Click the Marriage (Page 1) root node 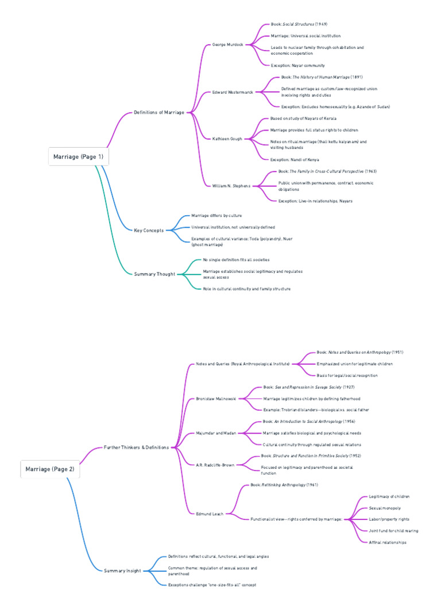tap(78, 156)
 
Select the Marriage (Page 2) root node tap(49, 469)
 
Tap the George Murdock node tap(228, 44)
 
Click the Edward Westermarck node tap(233, 92)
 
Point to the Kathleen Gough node tap(227, 139)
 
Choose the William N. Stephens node tap(231, 186)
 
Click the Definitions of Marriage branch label tap(159, 112)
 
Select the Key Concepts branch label tap(149, 230)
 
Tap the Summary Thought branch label tap(154, 274)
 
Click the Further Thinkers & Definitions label tap(137, 447)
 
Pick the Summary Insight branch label tap(122, 571)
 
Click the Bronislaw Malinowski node tap(216, 398)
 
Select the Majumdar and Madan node tap(215, 433)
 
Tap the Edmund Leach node tap(210, 514)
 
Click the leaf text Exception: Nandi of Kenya tap(295, 159)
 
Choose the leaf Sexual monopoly tap(385, 508)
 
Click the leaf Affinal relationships tap(388, 542)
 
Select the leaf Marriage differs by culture tap(216, 216)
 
